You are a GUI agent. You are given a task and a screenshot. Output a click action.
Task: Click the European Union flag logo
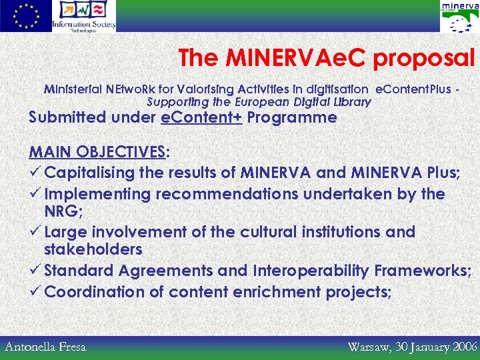coord(25,16)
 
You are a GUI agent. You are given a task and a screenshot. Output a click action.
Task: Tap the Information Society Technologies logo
coord(84,16)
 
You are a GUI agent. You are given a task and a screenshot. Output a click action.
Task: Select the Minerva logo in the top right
coord(459,17)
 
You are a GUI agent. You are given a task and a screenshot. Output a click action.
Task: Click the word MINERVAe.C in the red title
coord(297,59)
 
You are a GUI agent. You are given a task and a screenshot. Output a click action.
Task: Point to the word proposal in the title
coord(424,59)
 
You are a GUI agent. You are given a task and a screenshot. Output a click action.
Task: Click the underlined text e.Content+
coord(202,117)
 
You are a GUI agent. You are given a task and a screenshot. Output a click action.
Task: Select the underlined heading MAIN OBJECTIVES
coord(98,151)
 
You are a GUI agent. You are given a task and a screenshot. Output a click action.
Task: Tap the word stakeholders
coord(93,249)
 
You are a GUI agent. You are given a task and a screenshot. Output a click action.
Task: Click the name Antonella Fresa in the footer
coord(45,346)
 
